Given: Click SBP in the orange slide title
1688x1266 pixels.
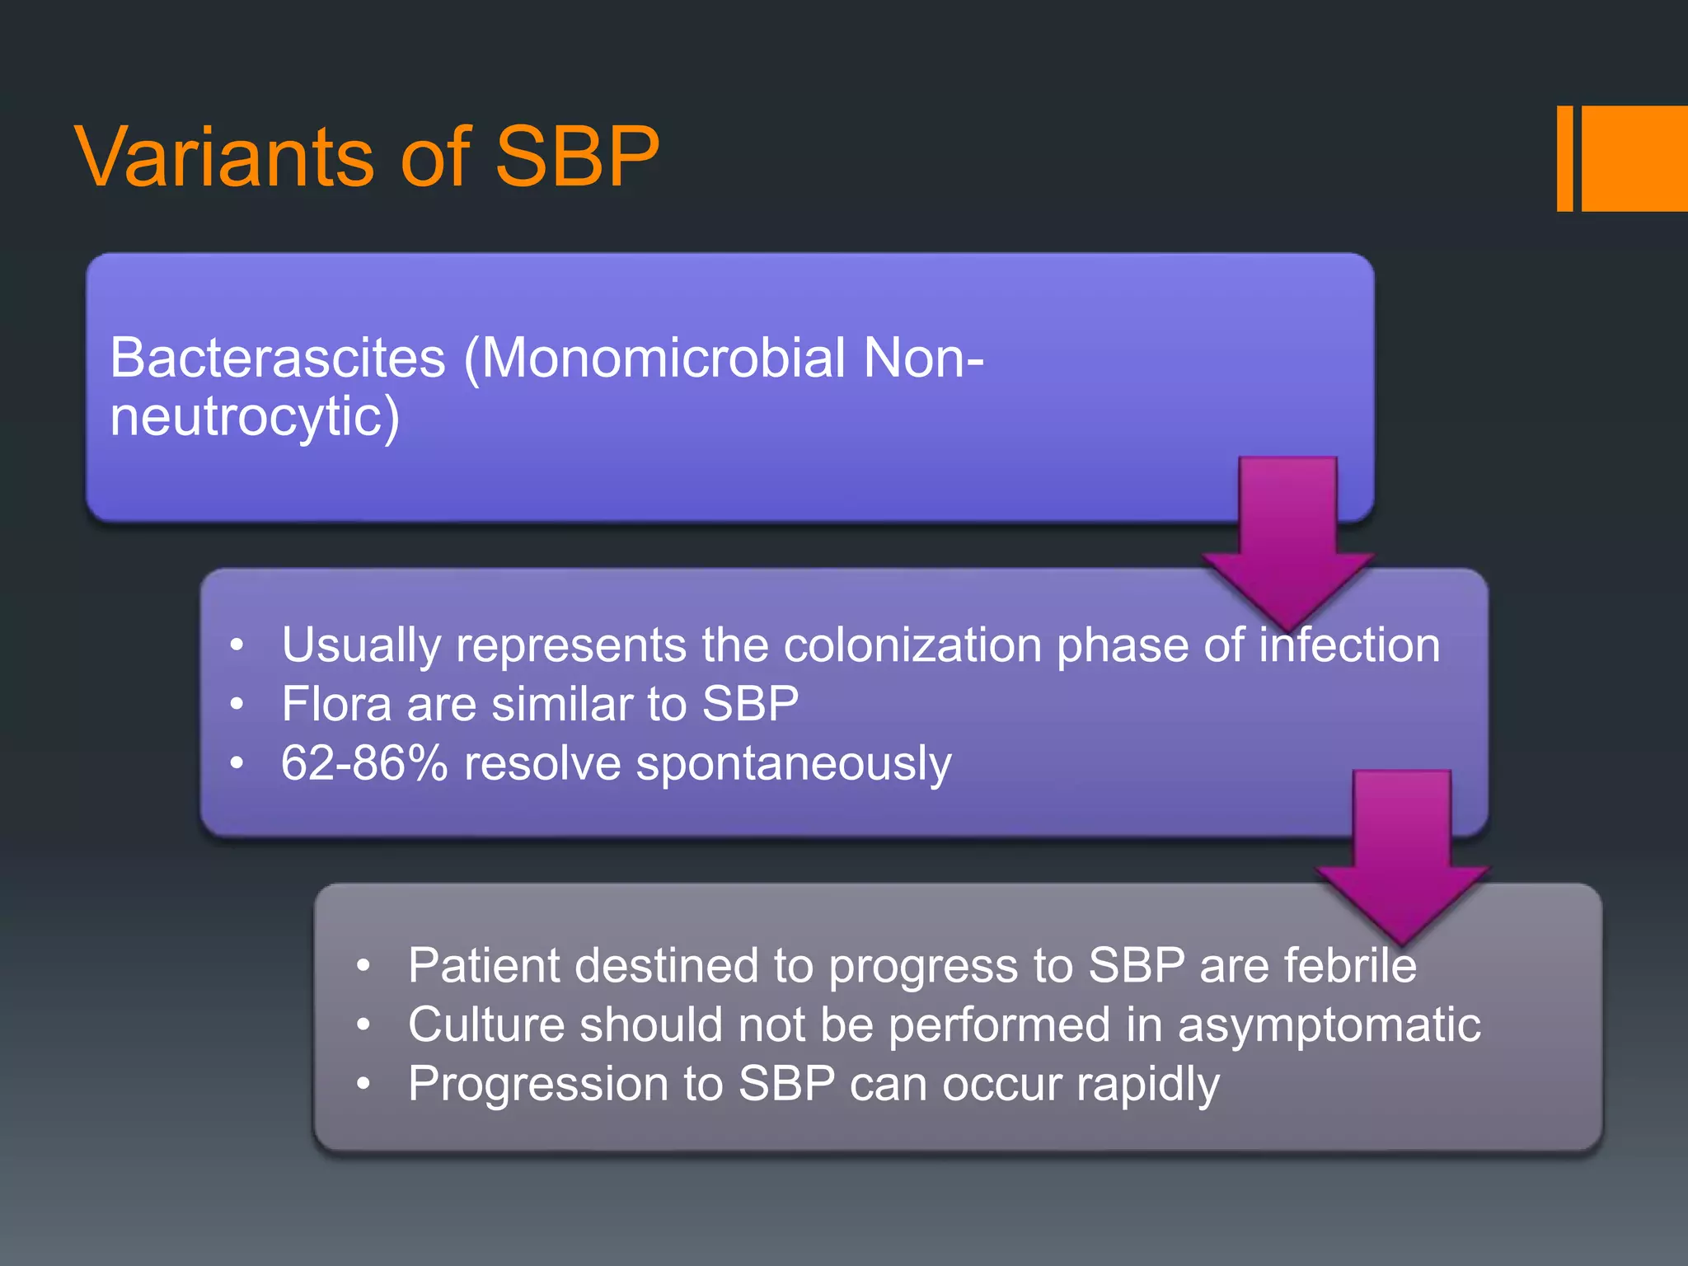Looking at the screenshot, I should pos(576,157).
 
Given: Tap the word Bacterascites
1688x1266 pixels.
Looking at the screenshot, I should pos(278,359).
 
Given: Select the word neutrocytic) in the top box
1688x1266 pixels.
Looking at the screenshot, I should pos(255,417).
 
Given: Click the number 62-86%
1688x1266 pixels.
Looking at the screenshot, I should pos(363,763).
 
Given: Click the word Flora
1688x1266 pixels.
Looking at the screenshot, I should pos(336,704).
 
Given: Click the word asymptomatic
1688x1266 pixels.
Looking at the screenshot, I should pos(1329,1026).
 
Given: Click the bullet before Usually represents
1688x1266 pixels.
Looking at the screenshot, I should pos(237,645).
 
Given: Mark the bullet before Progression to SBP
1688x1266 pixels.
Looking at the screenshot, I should pos(363,1085).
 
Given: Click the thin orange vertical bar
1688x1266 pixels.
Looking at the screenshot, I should pos(1564,158).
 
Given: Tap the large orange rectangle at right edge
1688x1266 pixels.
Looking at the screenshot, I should pos(1635,158).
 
